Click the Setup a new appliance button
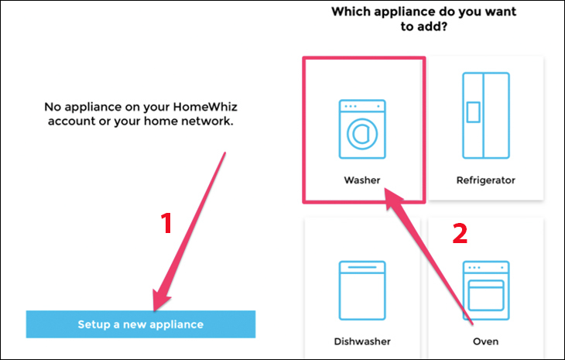(x=141, y=324)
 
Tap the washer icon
(x=362, y=129)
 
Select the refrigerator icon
(x=486, y=115)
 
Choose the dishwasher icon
(x=362, y=290)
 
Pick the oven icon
(x=486, y=290)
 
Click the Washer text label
(x=362, y=180)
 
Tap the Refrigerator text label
(x=486, y=180)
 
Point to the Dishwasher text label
(x=362, y=341)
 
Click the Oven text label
(x=486, y=341)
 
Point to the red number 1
(x=166, y=224)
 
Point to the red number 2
(x=461, y=234)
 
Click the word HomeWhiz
(x=205, y=107)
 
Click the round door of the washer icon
(x=362, y=134)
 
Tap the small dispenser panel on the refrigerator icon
(x=473, y=112)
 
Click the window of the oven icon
(x=486, y=295)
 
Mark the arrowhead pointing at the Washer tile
(x=392, y=198)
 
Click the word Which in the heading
(x=351, y=12)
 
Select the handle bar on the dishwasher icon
(x=362, y=267)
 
